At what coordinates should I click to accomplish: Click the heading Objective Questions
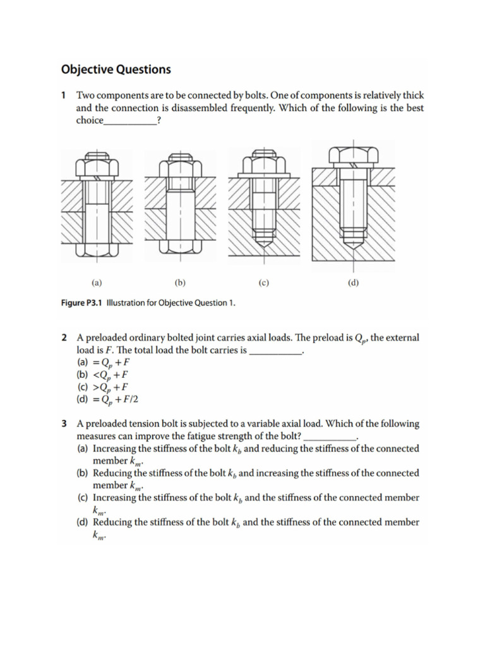(x=116, y=70)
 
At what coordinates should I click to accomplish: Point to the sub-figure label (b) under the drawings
(x=180, y=284)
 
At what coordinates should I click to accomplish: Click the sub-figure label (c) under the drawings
(x=264, y=284)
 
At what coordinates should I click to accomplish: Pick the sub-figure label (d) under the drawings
(x=353, y=284)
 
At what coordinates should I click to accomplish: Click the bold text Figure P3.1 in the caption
(x=81, y=303)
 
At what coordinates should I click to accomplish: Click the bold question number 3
(x=64, y=424)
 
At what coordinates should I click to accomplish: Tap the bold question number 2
(x=64, y=338)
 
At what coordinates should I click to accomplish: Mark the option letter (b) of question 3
(x=83, y=473)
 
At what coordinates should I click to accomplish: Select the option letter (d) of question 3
(x=83, y=522)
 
